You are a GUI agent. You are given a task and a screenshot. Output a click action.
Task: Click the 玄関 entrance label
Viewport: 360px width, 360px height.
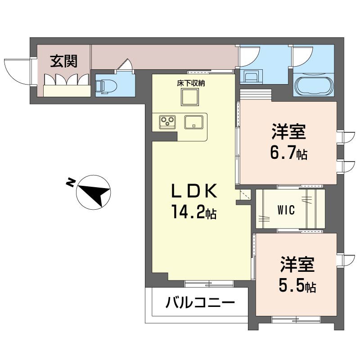coord(63,61)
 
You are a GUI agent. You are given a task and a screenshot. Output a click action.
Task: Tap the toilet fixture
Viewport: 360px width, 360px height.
coord(106,86)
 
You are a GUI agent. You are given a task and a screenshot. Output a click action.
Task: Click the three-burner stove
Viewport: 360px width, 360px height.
coord(167,121)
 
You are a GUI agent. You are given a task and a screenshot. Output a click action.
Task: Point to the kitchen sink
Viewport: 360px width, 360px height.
coord(193,122)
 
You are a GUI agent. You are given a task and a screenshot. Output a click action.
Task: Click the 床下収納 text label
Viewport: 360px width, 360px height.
coord(190,83)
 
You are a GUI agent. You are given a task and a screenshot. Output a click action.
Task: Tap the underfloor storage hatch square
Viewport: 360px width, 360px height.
coord(189,97)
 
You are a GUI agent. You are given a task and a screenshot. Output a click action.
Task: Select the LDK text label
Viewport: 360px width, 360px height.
coord(194,191)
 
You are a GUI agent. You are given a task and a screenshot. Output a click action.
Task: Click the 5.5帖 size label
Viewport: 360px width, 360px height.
coord(297,285)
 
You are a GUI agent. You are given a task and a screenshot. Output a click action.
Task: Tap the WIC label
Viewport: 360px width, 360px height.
coord(286,210)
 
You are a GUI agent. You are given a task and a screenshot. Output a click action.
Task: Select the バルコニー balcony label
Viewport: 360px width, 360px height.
coord(200,303)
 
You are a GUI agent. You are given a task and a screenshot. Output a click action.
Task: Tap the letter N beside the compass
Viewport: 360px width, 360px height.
coord(71,182)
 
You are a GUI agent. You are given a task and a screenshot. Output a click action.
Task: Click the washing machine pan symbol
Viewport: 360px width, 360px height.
coord(251,76)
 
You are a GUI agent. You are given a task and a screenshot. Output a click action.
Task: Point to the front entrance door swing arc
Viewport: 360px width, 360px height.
coord(14,75)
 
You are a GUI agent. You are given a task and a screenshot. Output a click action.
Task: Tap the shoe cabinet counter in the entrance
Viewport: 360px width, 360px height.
coord(67,91)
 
